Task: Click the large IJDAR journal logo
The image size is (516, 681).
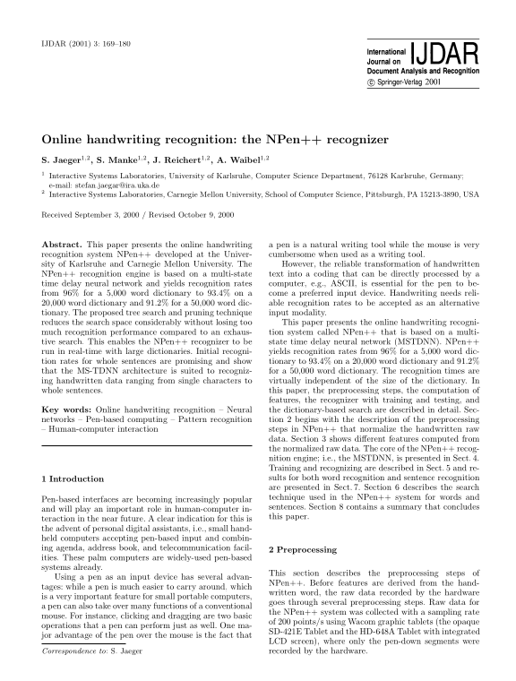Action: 440,51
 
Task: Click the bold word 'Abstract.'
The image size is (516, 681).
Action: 62,244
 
